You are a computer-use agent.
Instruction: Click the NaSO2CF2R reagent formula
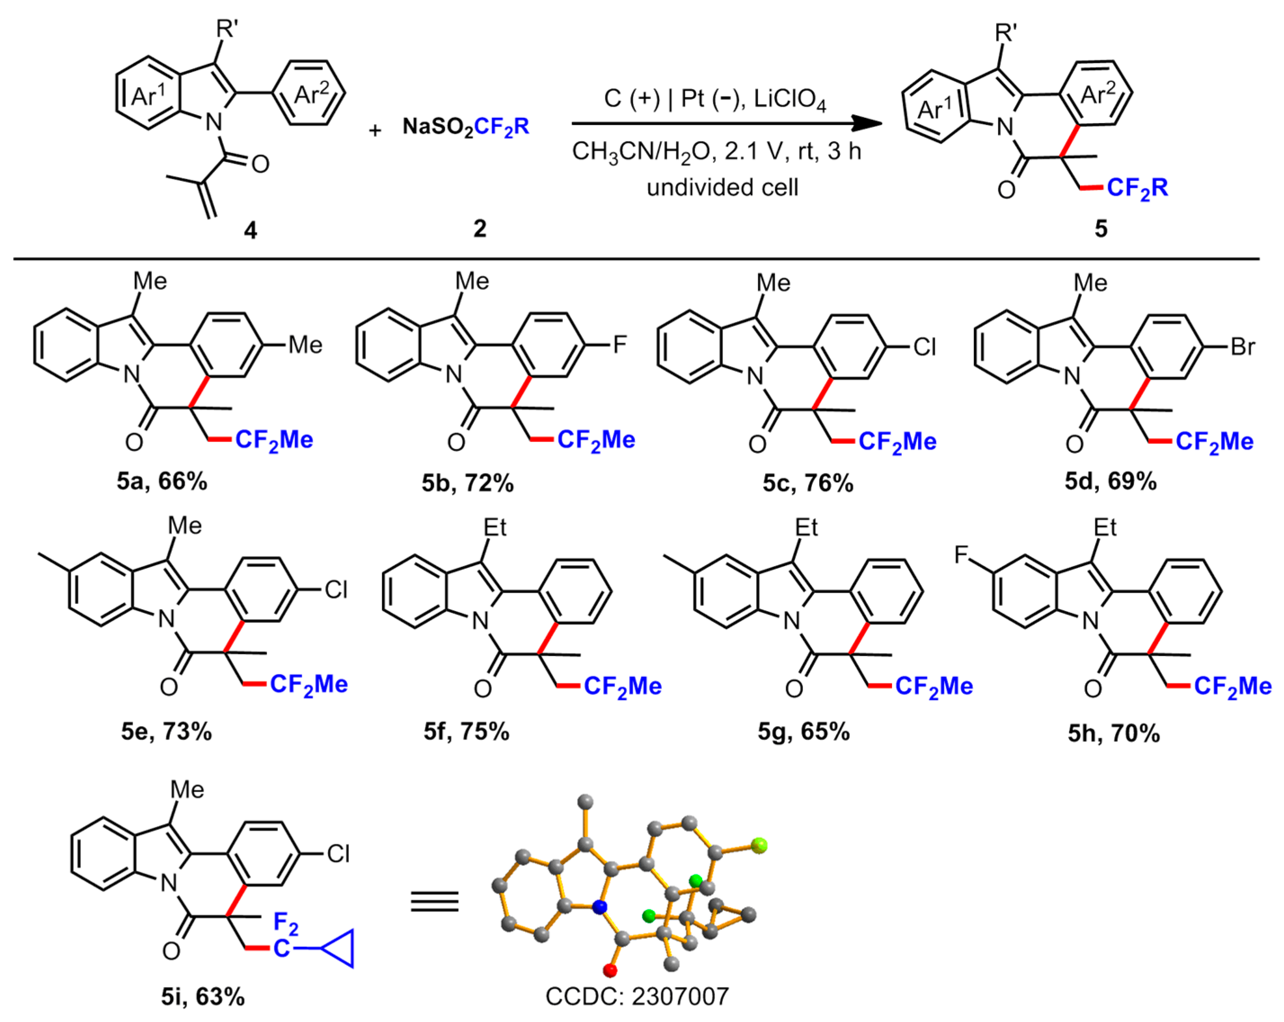point(465,127)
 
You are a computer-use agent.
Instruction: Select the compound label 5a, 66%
point(161,481)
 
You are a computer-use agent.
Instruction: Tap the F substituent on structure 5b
point(620,344)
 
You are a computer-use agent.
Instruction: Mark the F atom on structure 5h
point(961,555)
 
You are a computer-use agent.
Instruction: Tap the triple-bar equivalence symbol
point(435,902)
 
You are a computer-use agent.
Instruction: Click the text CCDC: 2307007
point(637,996)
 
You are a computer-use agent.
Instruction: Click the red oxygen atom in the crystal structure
point(610,971)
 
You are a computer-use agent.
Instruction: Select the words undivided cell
point(722,187)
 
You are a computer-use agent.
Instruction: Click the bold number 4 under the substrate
point(251,229)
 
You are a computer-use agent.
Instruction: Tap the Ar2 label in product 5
point(1097,94)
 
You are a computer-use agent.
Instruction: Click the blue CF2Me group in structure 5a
point(274,440)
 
